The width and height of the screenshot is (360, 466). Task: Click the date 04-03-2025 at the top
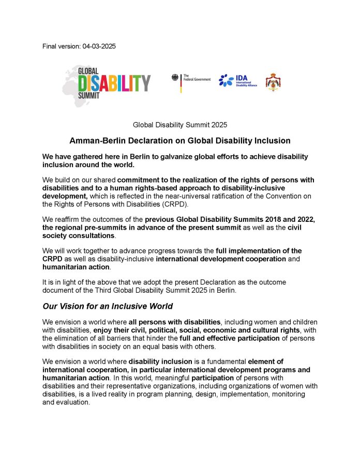tap(99, 47)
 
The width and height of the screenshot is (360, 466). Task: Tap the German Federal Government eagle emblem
tap(175, 79)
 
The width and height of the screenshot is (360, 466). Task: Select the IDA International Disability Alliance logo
tap(237, 80)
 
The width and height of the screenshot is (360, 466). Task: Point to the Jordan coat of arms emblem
tap(273, 81)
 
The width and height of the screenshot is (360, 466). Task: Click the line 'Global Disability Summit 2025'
tap(180, 125)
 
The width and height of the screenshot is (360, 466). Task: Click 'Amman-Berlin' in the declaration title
tap(95, 141)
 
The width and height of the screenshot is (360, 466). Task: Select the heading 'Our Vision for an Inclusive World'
tap(107, 306)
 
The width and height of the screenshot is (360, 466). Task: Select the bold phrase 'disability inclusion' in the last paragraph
tap(162, 361)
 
